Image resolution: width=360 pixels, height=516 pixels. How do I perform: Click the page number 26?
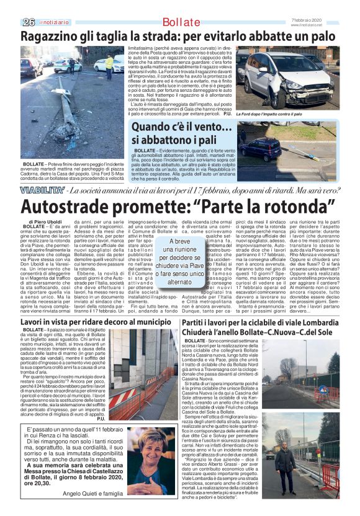pyautogui.click(x=27, y=23)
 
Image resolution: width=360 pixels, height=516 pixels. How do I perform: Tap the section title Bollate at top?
pyautogui.click(x=180, y=23)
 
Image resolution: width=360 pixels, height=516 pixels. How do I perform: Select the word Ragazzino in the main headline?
pyautogui.click(x=51, y=37)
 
